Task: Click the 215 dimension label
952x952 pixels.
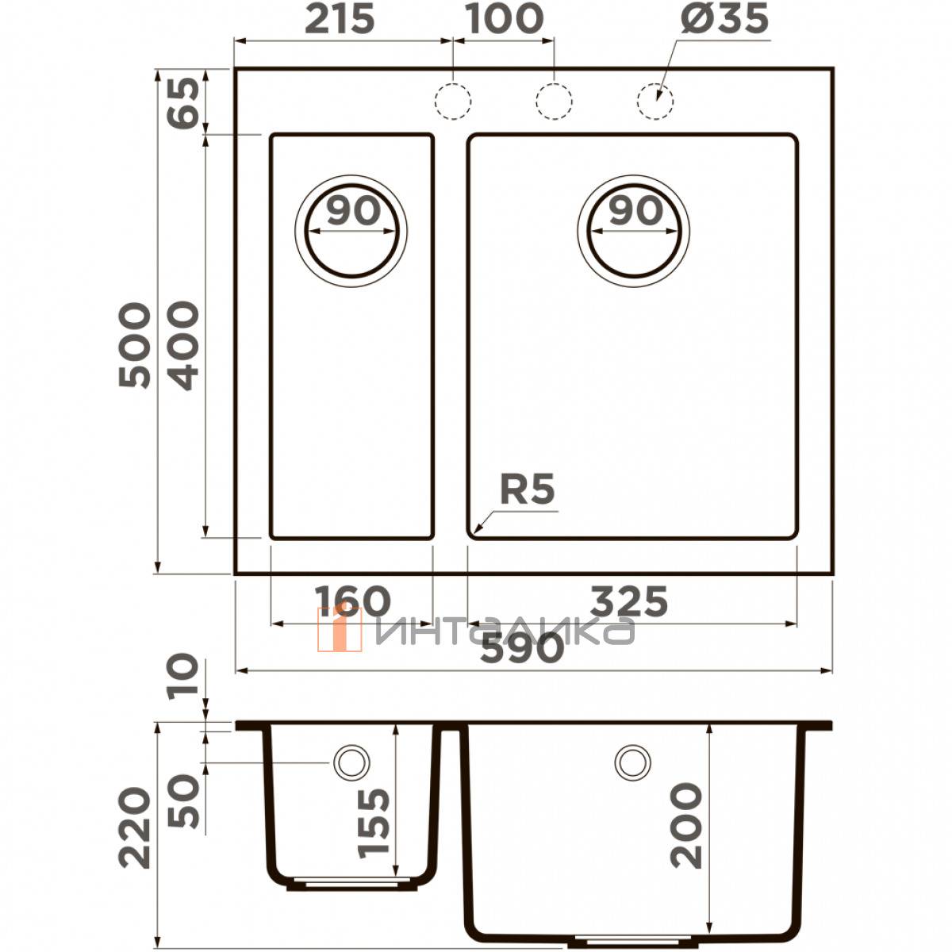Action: [340, 20]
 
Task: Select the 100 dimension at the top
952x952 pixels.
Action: [505, 20]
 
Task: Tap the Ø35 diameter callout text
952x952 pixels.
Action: [724, 19]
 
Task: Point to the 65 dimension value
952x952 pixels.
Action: [183, 104]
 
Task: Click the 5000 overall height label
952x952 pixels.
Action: [134, 345]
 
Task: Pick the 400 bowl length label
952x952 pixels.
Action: [183, 345]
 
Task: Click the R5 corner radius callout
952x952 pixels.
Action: [527, 489]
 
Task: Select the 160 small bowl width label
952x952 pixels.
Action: [353, 601]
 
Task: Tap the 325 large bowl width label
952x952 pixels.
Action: [629, 601]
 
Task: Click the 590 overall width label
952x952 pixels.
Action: [522, 648]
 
